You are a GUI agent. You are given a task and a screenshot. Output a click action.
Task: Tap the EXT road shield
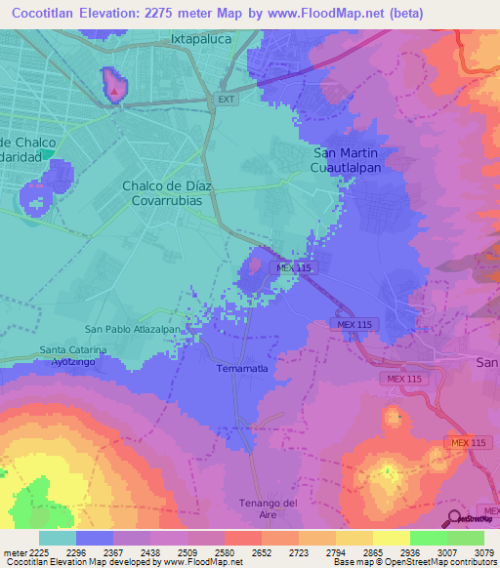pos(227,100)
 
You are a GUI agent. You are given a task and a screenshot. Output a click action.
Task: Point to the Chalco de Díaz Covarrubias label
pos(175,190)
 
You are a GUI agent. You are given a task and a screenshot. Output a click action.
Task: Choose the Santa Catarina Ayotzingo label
pos(74,355)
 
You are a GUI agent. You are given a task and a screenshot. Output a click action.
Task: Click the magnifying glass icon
pos(454,517)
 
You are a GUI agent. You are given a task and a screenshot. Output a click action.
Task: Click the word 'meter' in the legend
pos(13,551)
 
